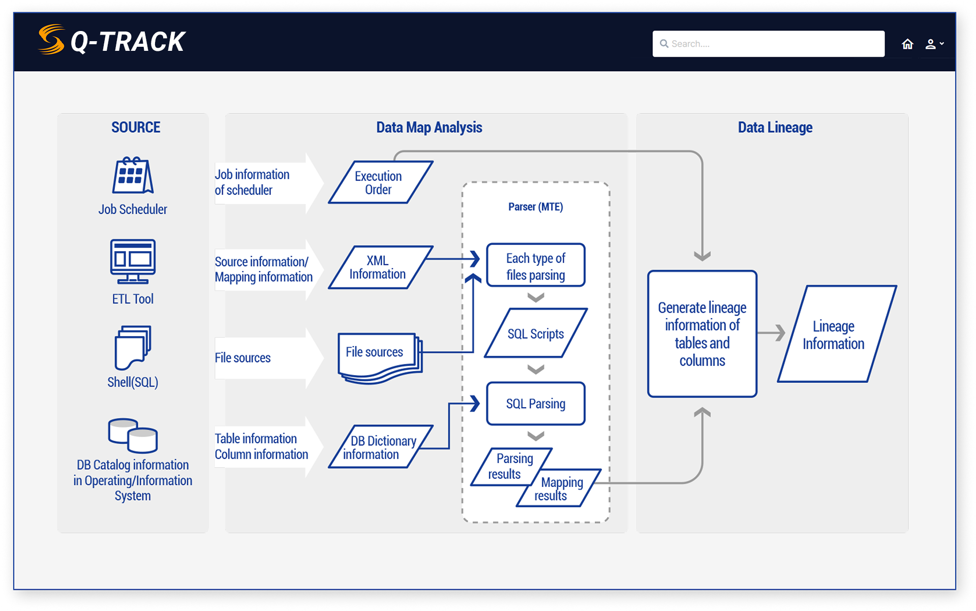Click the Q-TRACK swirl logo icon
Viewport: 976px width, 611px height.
click(x=51, y=40)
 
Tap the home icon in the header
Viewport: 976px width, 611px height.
click(x=907, y=44)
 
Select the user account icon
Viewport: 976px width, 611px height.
click(x=931, y=44)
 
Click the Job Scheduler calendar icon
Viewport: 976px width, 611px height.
click(x=133, y=175)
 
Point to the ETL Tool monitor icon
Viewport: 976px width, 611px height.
click(x=133, y=261)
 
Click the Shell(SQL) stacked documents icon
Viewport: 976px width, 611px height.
click(x=133, y=347)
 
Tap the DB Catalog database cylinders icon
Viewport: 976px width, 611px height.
click(x=133, y=436)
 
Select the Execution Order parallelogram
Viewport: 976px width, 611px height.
click(x=380, y=182)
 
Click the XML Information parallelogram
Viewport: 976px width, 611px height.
click(x=380, y=267)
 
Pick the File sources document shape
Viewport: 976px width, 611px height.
click(x=379, y=356)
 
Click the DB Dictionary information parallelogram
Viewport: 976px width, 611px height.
click(x=380, y=447)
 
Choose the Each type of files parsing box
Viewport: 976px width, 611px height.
click(x=536, y=265)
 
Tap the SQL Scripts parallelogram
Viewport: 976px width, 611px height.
click(x=536, y=333)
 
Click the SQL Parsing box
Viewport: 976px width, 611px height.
click(x=536, y=404)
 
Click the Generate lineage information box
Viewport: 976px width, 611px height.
click(x=702, y=334)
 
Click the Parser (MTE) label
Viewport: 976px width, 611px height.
click(x=535, y=207)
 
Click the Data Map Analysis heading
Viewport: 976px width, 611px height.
click(x=429, y=128)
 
